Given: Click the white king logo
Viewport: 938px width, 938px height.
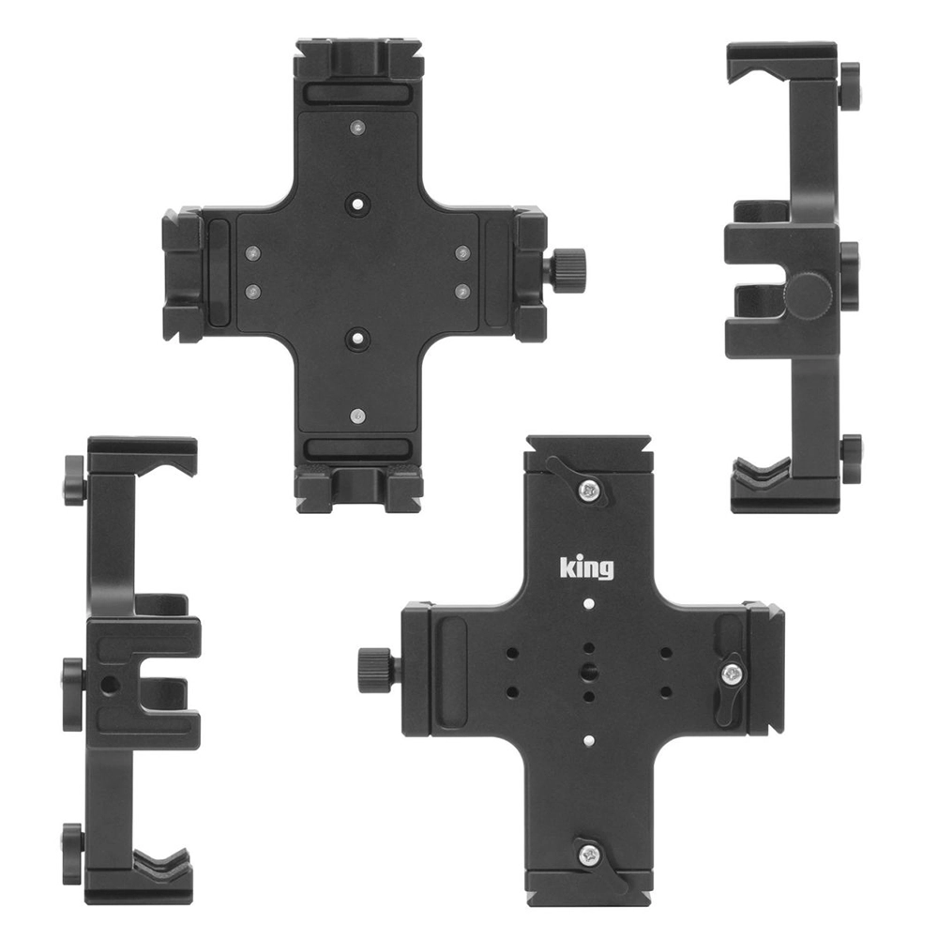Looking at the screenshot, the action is (x=586, y=567).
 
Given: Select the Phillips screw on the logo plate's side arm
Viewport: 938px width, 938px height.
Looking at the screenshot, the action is (x=732, y=675).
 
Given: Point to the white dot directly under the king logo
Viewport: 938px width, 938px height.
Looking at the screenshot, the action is (x=589, y=603).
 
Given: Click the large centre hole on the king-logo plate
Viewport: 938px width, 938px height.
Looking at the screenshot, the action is (x=589, y=671).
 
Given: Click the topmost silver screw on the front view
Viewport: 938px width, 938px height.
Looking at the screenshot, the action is (x=357, y=127).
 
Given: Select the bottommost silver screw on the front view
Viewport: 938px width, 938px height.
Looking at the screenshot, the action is (x=357, y=414).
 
